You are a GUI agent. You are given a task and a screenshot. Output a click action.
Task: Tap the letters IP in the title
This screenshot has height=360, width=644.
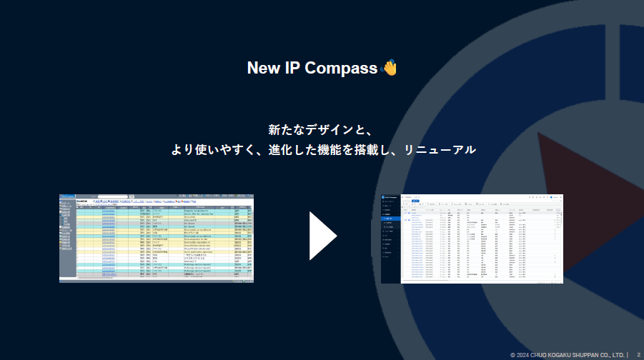[x=293, y=69]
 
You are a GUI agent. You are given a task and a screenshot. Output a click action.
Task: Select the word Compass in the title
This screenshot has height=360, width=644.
[x=341, y=69]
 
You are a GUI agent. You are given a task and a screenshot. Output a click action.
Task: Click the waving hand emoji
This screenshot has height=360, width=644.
[x=389, y=68]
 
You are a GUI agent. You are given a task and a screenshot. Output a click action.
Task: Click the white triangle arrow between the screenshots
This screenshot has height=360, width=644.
[x=322, y=236]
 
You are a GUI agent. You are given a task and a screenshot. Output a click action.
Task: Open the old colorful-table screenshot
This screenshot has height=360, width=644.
[x=156, y=238]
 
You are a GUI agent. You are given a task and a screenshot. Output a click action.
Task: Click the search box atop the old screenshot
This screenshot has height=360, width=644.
[x=113, y=196]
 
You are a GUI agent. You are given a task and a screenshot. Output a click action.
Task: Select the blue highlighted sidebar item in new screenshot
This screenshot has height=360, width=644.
[x=391, y=218]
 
